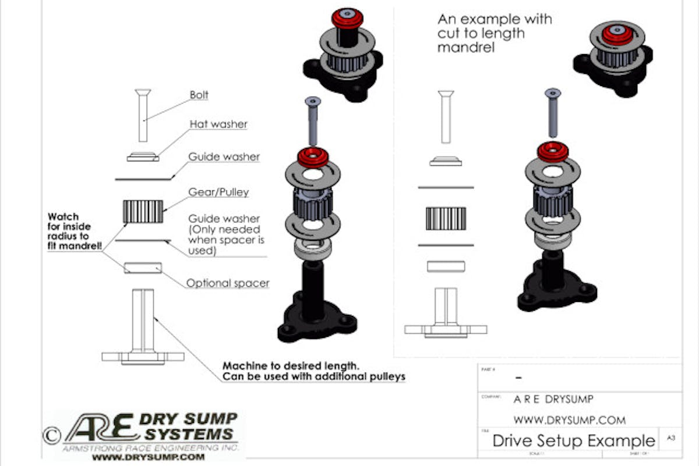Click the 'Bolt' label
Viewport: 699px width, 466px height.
[199, 95]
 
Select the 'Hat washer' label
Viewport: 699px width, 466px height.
[218, 124]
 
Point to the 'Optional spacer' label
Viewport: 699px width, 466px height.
[228, 283]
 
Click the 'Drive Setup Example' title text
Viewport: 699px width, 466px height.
[573, 440]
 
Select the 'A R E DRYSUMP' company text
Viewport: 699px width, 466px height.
[553, 400]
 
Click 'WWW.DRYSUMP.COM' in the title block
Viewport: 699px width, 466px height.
[569, 419]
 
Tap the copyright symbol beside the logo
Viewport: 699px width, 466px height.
[51, 434]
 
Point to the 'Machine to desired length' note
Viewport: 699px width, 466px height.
[313, 371]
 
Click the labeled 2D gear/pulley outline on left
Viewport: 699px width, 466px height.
[143, 211]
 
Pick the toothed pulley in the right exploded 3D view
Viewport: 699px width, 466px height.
[552, 200]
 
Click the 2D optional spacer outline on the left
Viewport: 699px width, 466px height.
[143, 267]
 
